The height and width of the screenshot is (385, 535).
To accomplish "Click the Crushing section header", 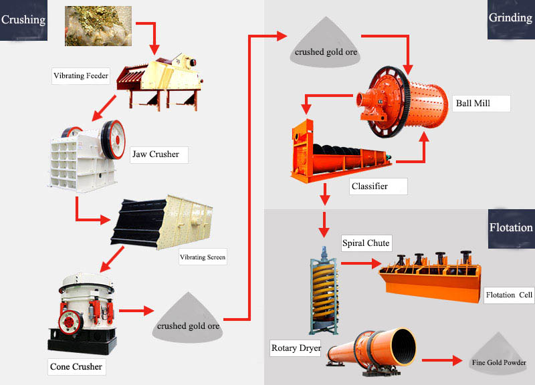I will click(23, 19).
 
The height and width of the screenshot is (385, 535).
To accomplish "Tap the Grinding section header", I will click(510, 18).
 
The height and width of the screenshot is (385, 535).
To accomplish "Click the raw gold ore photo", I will click(98, 25).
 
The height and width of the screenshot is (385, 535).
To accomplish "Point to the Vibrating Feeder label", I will click(80, 76).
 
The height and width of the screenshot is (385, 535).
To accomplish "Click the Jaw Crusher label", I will click(156, 154).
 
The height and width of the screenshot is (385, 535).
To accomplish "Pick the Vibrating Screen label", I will click(202, 257).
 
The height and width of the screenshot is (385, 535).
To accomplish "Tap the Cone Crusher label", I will click(76, 366).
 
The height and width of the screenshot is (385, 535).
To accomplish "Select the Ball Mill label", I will click(473, 103).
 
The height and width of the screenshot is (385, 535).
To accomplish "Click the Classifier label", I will click(369, 186).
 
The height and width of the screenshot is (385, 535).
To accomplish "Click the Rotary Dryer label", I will click(296, 348).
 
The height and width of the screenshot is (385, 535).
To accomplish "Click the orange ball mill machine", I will click(405, 100).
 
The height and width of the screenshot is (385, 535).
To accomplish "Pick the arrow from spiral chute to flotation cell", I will click(358, 263).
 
